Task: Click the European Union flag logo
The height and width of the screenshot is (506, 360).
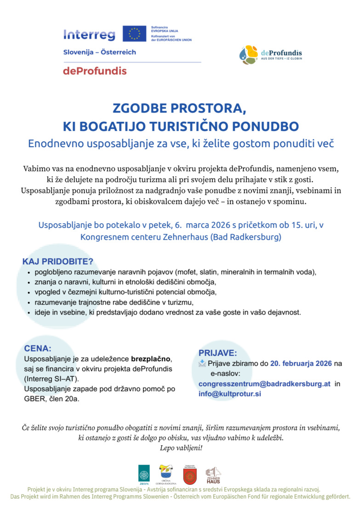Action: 135,34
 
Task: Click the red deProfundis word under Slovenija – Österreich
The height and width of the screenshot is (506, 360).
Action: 95,71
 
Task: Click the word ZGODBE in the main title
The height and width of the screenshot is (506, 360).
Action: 141,109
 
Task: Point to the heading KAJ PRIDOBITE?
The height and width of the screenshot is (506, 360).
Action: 58,262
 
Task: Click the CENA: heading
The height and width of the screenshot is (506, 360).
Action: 38,349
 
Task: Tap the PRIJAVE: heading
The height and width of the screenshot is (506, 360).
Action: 218,353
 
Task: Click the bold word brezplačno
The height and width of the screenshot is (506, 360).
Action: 151,359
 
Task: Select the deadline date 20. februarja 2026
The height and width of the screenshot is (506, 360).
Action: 301,363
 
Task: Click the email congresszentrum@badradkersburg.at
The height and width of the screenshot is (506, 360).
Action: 264,384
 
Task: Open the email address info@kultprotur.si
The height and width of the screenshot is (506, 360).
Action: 230,394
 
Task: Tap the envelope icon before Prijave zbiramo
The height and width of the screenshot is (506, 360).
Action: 202,363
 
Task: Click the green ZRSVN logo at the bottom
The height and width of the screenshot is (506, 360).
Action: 144,474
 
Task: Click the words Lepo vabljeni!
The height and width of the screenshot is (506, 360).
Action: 181,448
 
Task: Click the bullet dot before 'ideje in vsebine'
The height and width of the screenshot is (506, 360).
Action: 29,312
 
